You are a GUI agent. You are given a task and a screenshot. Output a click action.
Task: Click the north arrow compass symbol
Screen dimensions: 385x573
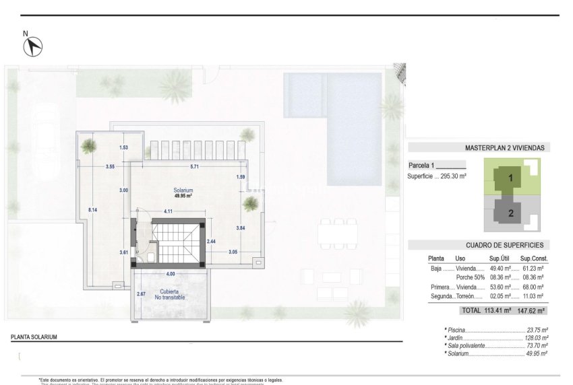32,46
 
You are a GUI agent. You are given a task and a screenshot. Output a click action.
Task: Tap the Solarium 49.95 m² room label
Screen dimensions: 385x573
183,193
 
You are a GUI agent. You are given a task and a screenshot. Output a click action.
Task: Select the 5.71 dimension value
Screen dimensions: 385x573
195,166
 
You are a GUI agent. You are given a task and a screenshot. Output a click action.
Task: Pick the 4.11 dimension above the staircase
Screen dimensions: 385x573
169,211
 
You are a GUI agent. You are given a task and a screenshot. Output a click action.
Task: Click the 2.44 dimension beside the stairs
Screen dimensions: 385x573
211,241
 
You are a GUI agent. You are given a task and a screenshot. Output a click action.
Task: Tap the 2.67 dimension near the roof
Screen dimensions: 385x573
141,294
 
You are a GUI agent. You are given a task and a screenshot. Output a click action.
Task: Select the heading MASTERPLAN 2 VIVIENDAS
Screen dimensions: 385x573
505,147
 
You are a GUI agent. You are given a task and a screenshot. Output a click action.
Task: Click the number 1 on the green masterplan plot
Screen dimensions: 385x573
511,178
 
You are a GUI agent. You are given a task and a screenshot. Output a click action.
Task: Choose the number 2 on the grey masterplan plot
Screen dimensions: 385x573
511,213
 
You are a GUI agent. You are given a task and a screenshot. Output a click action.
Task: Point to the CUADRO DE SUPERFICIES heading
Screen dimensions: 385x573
504,246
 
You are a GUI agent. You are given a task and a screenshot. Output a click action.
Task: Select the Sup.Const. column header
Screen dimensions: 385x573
532,258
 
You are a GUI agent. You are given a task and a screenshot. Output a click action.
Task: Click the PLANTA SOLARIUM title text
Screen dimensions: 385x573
34,337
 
